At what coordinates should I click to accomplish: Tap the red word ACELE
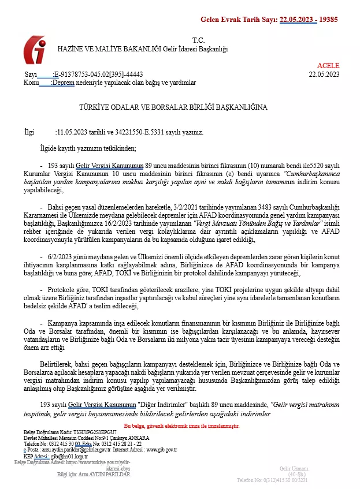[x=328, y=65]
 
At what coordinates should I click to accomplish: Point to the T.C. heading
[x=198, y=40]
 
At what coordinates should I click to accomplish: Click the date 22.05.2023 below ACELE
[x=324, y=74]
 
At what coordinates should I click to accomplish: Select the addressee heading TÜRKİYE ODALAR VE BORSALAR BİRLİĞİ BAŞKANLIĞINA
[x=165, y=107]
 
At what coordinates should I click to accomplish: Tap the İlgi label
[x=29, y=132]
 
